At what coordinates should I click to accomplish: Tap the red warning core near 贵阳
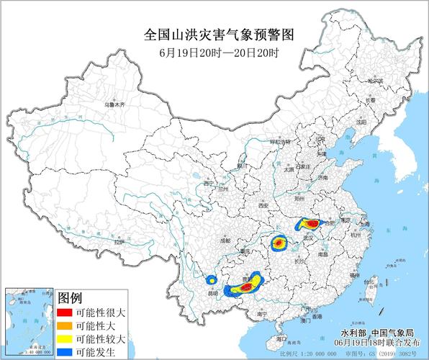pos(246,287)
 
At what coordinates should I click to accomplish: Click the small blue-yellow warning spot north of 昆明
pos(212,279)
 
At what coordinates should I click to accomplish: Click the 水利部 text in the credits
pos(353,333)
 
